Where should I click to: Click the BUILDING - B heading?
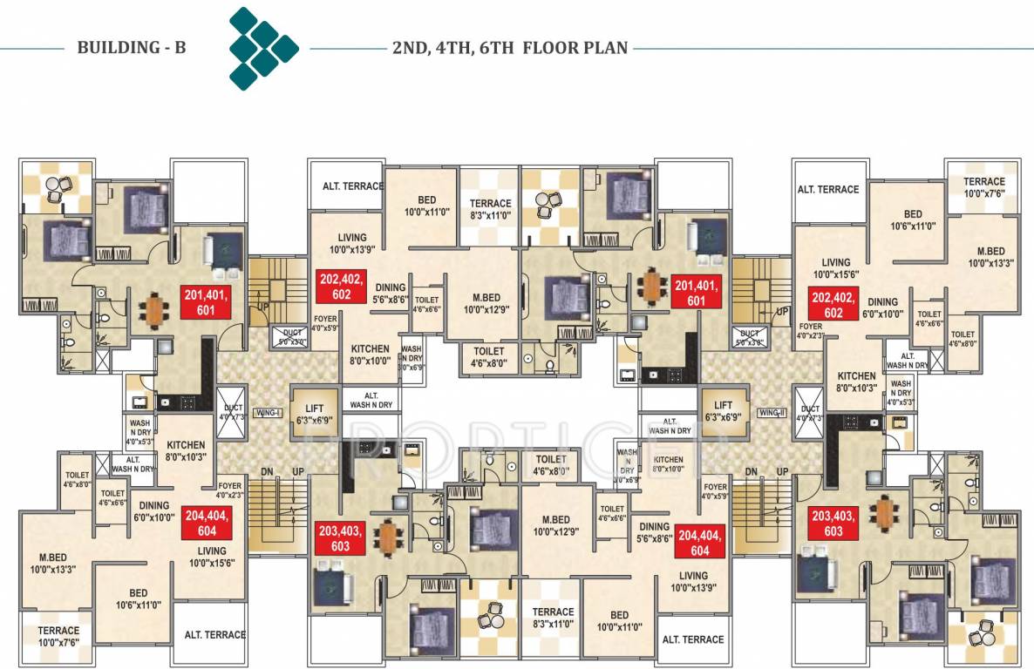[132, 48]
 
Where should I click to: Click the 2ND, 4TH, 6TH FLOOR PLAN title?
[510, 48]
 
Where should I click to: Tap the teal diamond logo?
[262, 48]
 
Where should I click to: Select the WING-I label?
[265, 412]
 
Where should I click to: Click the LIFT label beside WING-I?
[315, 412]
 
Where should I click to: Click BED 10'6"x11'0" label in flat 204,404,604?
[138, 598]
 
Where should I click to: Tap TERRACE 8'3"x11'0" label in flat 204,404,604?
[553, 618]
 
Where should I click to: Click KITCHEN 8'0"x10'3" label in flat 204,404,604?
[186, 450]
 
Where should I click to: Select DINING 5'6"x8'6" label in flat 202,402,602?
[390, 293]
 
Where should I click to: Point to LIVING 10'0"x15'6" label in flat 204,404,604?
[211, 557]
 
